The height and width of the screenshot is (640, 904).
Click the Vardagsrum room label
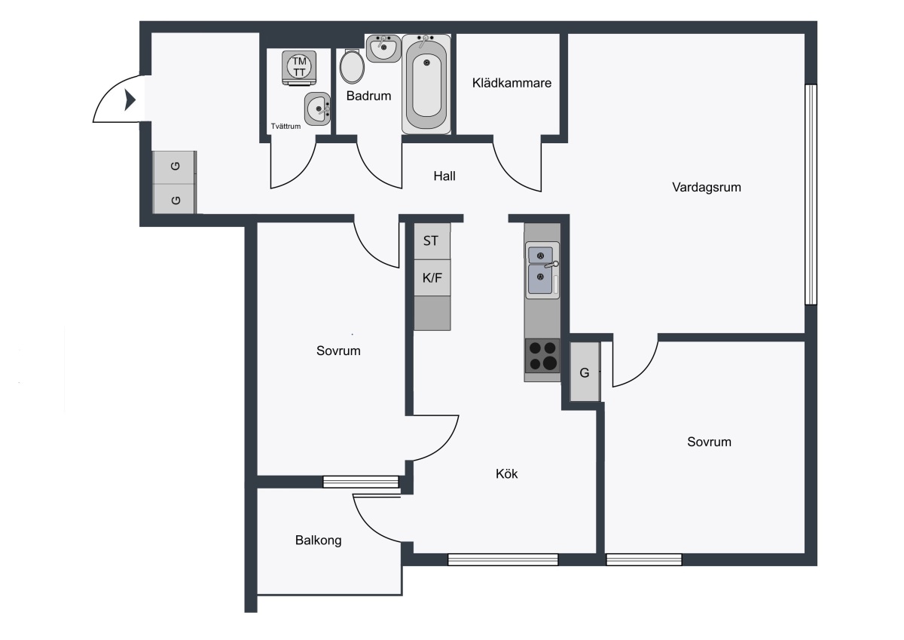click(x=707, y=188)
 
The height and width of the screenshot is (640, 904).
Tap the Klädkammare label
click(x=512, y=83)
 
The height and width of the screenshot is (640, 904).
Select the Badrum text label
click(x=368, y=96)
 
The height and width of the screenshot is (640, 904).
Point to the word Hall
click(x=444, y=176)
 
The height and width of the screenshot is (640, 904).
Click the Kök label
click(x=506, y=473)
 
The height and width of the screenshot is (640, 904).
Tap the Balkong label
click(x=318, y=540)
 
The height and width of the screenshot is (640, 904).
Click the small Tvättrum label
click(x=286, y=127)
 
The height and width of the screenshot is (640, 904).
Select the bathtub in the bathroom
click(x=426, y=84)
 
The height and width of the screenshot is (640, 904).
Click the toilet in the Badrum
click(x=352, y=66)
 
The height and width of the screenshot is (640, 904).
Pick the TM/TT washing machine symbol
click(x=299, y=68)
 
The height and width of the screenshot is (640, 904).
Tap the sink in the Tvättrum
click(x=318, y=109)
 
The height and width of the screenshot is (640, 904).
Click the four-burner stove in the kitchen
click(x=542, y=356)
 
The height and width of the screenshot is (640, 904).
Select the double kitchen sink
click(x=542, y=270)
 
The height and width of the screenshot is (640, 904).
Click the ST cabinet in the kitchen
click(x=432, y=241)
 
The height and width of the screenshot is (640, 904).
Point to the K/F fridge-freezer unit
click(x=432, y=278)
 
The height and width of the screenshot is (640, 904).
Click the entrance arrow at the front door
click(x=130, y=100)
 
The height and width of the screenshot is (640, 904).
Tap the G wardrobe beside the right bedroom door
click(x=585, y=372)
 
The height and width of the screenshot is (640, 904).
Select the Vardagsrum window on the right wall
click(x=811, y=194)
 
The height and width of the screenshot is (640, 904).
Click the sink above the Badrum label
click(x=383, y=48)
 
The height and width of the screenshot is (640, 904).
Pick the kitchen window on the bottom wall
click(x=503, y=559)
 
